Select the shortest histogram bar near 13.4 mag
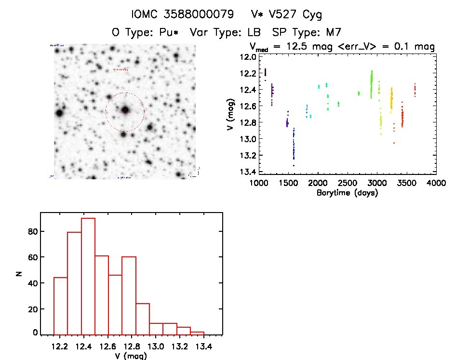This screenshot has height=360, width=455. click(x=198, y=333)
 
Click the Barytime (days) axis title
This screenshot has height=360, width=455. click(x=347, y=193)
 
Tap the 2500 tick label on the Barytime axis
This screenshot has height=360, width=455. click(x=348, y=183)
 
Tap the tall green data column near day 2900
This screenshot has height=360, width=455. click(x=372, y=84)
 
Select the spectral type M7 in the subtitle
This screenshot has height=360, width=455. click(x=334, y=33)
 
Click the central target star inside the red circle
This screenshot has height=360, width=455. click(x=125, y=110)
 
